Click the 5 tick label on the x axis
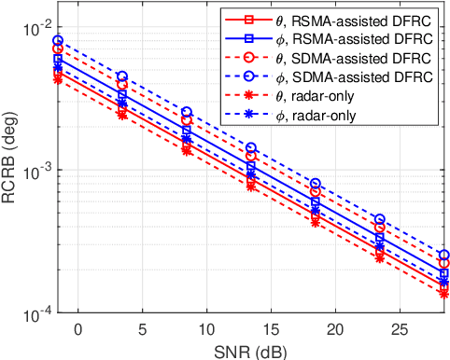coord(142,328)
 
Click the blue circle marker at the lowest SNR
coord(58,41)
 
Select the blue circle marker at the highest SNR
coord(443,255)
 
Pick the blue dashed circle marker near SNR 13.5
coord(250,147)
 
